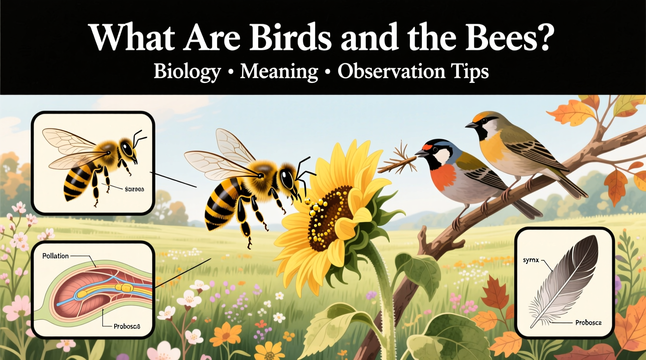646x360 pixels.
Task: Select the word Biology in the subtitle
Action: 187,71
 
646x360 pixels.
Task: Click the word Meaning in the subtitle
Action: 279,71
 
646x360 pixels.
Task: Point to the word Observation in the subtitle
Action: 391,71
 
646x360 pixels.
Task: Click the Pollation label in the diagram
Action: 56,256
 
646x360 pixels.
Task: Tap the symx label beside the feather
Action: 531,260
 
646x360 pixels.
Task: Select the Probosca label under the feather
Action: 588,322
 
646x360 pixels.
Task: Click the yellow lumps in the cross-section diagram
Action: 125,287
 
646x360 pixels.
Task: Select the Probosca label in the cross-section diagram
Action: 127,326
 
